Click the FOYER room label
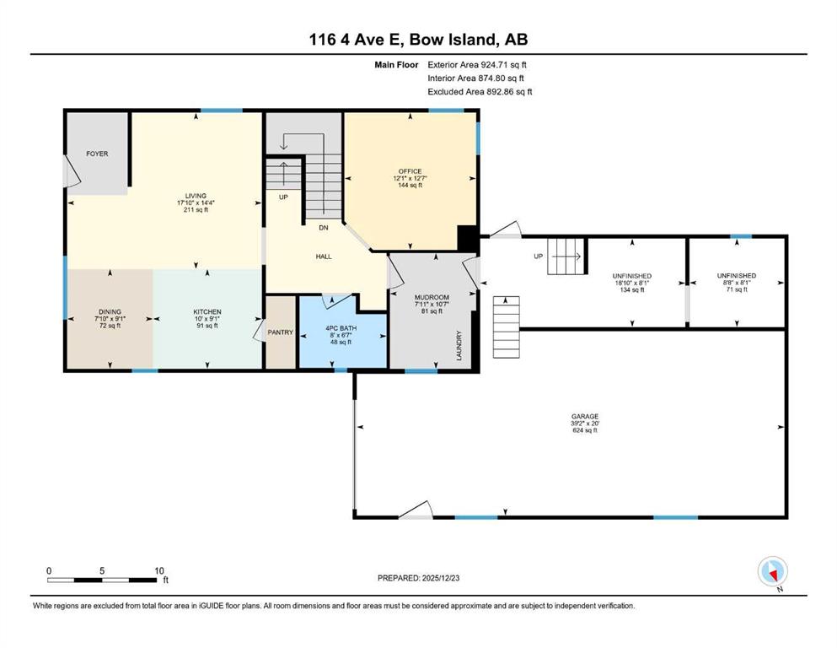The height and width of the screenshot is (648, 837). pyautogui.click(x=97, y=154)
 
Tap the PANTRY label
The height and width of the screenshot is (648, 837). pyautogui.click(x=280, y=332)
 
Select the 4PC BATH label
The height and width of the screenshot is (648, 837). pyautogui.click(x=341, y=328)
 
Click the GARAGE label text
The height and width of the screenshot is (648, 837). pyautogui.click(x=585, y=416)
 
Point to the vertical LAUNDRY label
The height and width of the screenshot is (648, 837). pyautogui.click(x=459, y=346)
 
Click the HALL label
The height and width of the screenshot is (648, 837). pyautogui.click(x=324, y=256)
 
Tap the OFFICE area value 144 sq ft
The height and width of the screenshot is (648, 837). pyautogui.click(x=410, y=186)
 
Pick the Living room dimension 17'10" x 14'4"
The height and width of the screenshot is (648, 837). pyautogui.click(x=196, y=203)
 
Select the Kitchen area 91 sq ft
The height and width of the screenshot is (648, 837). pyautogui.click(x=207, y=326)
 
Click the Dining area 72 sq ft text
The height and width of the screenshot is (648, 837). pyautogui.click(x=110, y=326)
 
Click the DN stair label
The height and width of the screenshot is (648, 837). pyautogui.click(x=324, y=228)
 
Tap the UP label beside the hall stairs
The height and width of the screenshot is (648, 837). pyautogui.click(x=283, y=197)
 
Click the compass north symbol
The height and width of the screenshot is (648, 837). pyautogui.click(x=772, y=572)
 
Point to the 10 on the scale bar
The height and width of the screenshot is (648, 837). pyautogui.click(x=159, y=570)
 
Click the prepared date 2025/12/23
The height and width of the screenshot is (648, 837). pyautogui.click(x=441, y=578)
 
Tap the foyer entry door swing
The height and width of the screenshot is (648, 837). pyautogui.click(x=72, y=171)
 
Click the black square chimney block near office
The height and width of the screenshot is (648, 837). pyautogui.click(x=468, y=238)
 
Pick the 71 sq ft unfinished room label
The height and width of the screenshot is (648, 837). pyautogui.click(x=737, y=289)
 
